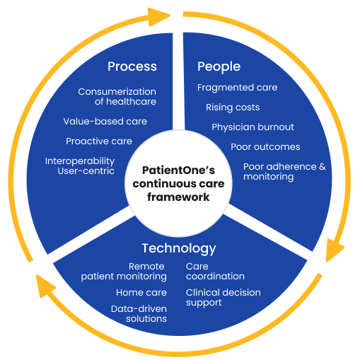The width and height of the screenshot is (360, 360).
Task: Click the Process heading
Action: point(132,66)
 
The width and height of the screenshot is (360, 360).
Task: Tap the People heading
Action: point(219,67)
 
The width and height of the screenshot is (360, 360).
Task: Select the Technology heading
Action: point(179,249)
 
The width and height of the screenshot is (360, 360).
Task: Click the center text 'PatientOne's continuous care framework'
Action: point(178,184)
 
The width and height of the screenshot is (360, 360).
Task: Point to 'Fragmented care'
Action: point(237,88)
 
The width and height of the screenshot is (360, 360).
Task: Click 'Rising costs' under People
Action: point(233,108)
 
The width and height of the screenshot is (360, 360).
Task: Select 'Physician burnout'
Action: point(252,127)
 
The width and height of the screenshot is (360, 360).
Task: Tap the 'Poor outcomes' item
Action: point(265,147)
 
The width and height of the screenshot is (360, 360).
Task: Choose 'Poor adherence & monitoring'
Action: point(284,172)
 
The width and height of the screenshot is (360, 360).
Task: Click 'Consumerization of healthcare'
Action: point(117,97)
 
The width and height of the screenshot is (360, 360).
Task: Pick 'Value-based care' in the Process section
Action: point(105,122)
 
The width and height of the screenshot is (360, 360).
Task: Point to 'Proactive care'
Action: point(99,141)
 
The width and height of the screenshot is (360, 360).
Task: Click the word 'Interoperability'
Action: point(80,161)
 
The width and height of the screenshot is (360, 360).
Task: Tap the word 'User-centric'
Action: point(86,171)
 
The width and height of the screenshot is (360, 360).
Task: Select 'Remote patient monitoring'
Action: point(124,272)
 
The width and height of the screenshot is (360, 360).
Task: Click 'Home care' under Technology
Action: point(141,293)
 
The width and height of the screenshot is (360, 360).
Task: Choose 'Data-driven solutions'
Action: point(139,314)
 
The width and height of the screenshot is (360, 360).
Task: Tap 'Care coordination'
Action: point(215,272)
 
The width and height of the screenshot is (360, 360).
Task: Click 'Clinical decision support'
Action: point(223,298)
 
